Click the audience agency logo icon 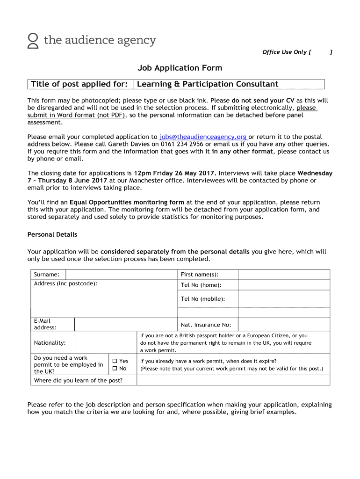point(33,41)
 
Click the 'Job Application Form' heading point(180,68)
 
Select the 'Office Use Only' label point(285,52)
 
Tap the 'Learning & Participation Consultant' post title point(208,84)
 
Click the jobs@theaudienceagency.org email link point(203,137)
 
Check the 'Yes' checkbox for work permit point(115,361)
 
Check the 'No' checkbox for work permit point(115,369)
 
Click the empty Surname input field point(121,275)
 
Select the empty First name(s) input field point(283,275)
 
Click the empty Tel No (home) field point(283,285)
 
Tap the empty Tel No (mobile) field point(283,299)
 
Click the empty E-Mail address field point(125,324)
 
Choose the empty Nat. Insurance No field point(283,325)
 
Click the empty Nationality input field point(105,343)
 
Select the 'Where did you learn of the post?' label point(78,380)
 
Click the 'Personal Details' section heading point(52,234)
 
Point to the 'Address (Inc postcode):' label point(65,284)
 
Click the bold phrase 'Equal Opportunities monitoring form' point(127,203)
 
